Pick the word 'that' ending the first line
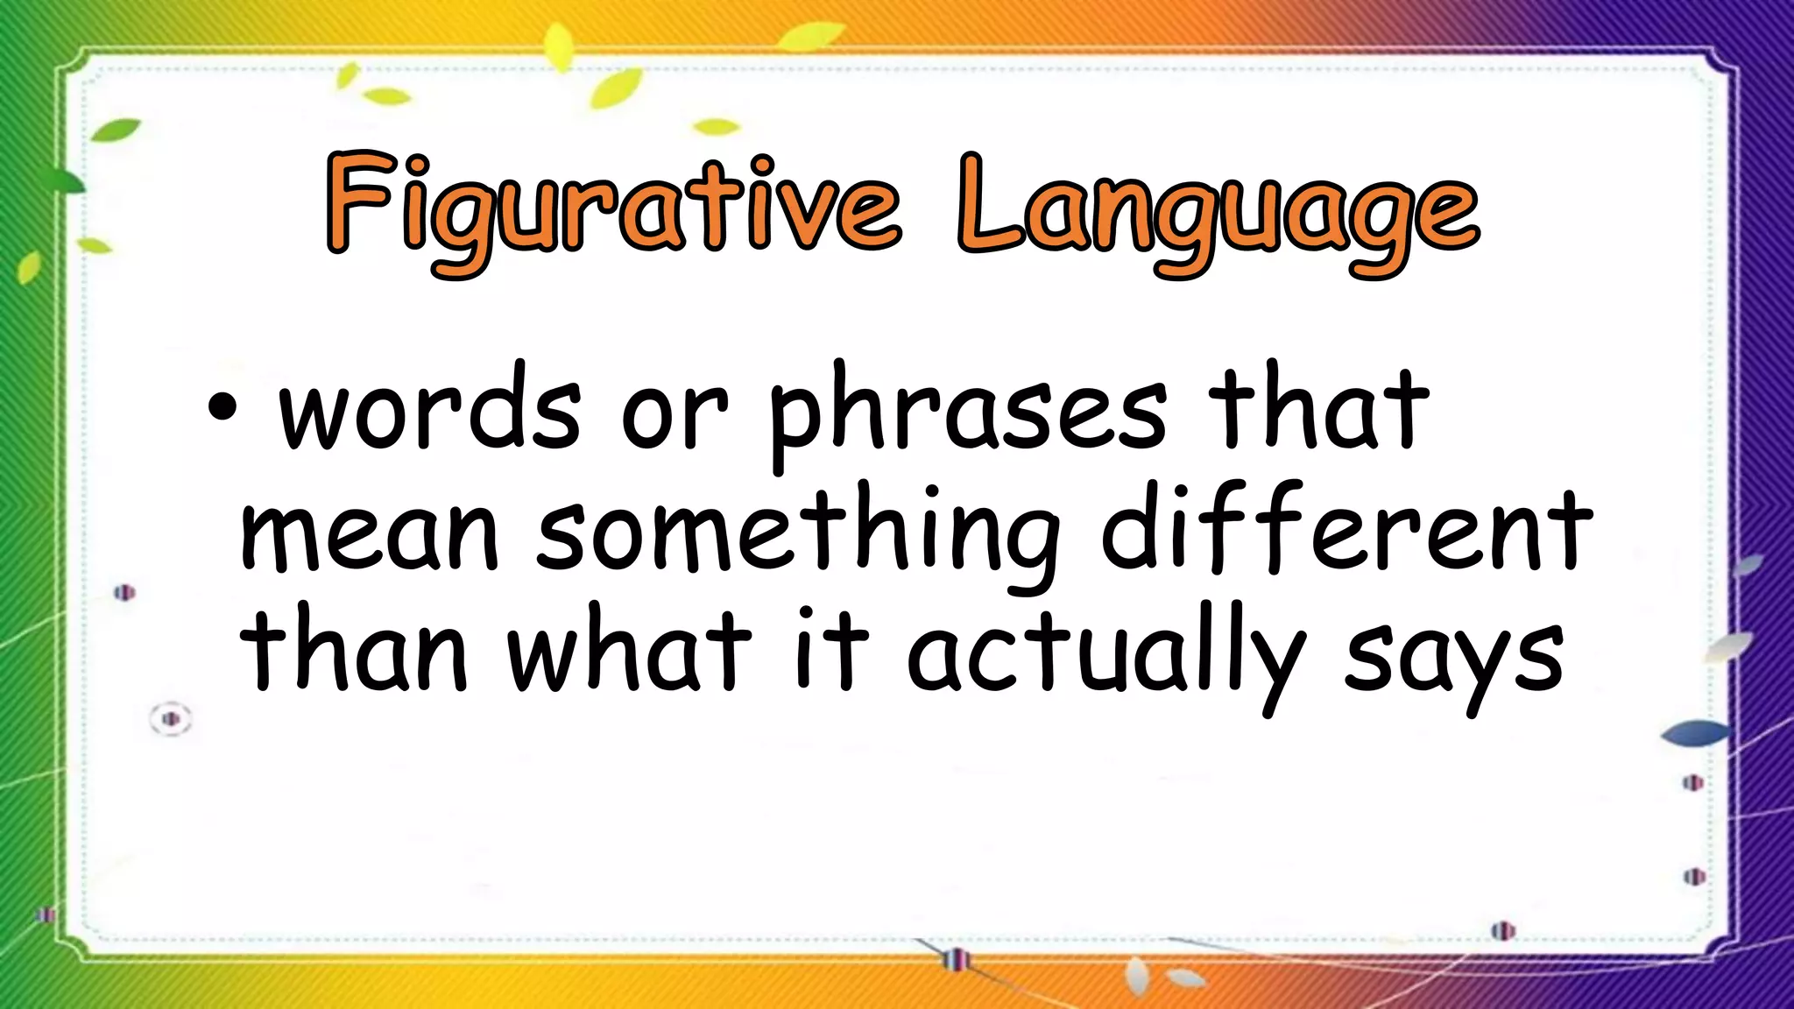1318,408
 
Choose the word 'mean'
369,533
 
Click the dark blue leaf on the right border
1696,733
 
